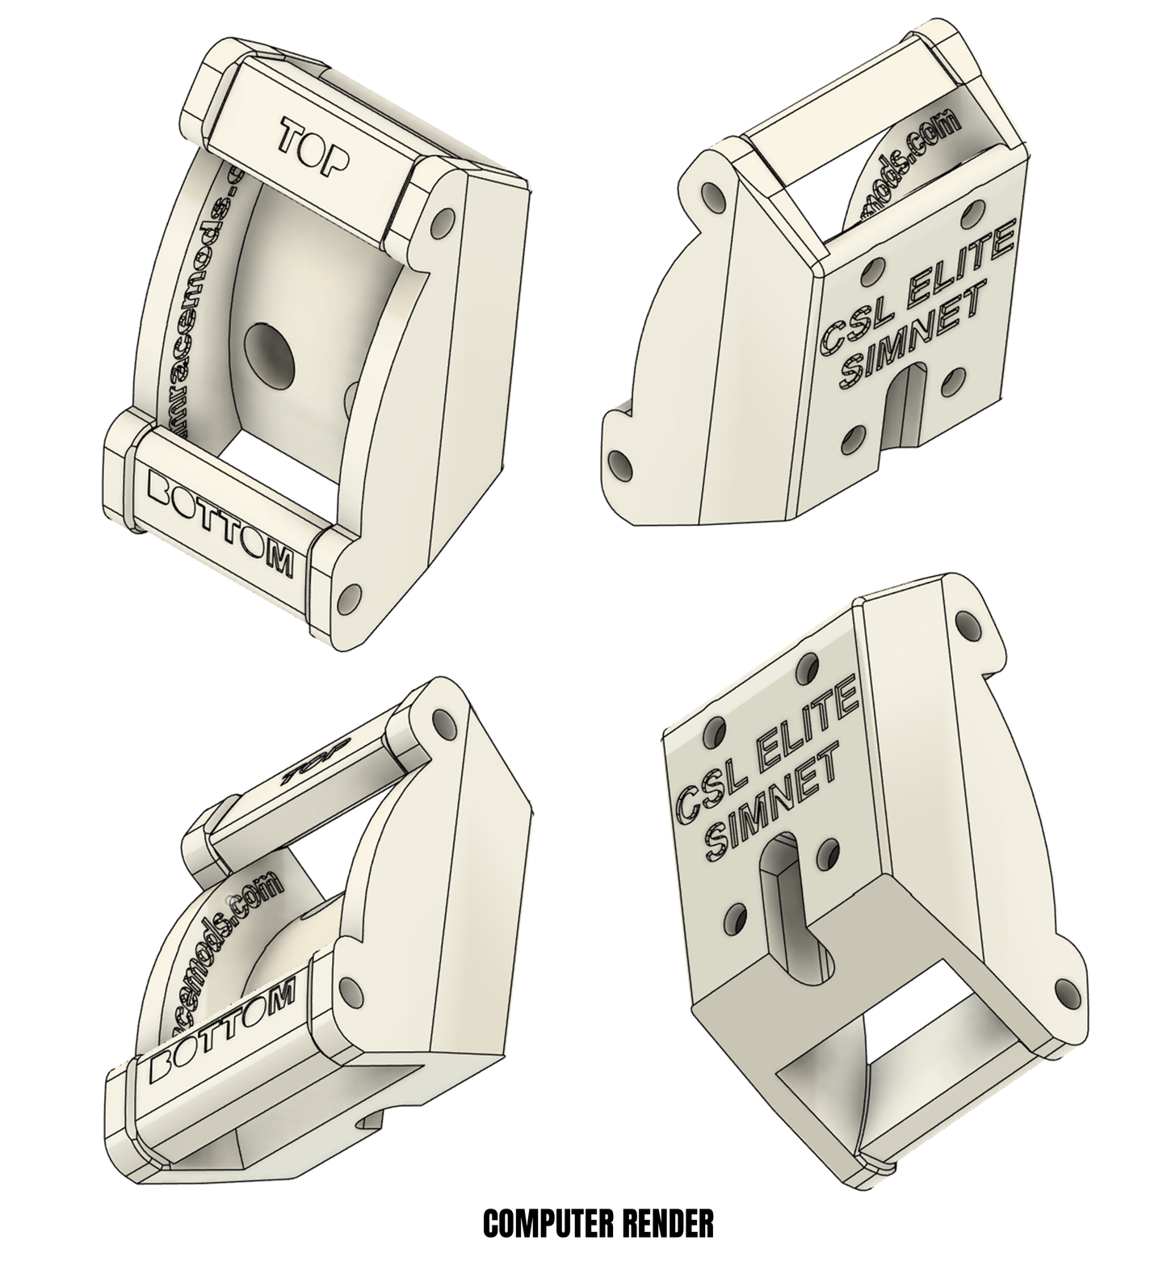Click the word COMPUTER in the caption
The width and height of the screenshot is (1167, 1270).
(x=549, y=1223)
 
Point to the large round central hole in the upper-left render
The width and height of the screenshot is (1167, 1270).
(x=268, y=355)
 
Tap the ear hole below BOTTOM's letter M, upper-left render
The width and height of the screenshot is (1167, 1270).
(x=350, y=596)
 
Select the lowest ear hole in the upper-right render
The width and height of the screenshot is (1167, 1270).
(x=619, y=465)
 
